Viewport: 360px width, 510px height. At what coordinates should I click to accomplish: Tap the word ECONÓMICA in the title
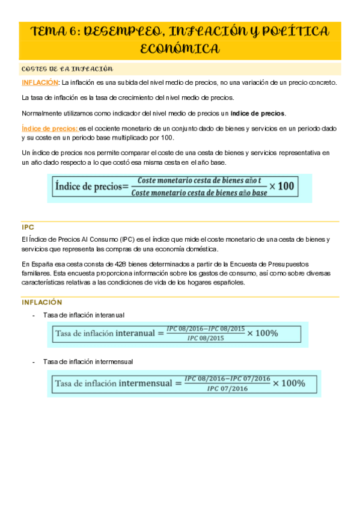pos(180,49)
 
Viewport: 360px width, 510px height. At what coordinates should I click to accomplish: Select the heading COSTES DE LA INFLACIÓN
pos(67,69)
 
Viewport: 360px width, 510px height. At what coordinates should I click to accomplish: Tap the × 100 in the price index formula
pos(282,186)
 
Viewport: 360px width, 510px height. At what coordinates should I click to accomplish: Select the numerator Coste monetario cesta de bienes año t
pos(199,180)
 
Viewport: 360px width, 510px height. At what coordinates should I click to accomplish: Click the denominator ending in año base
pos(199,192)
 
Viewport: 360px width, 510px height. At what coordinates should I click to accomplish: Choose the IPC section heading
pos(28,228)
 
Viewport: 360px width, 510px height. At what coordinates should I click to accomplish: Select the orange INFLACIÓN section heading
pos(42,302)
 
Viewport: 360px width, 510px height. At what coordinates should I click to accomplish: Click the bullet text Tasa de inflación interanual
pos(84,315)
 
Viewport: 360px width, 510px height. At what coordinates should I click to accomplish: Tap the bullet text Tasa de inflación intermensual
pos(88,361)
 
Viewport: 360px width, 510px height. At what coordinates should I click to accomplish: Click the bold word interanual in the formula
pos(133,333)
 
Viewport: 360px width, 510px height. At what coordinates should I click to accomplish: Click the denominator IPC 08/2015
pos(206,339)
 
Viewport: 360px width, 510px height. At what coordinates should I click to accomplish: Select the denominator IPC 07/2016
pos(227,389)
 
